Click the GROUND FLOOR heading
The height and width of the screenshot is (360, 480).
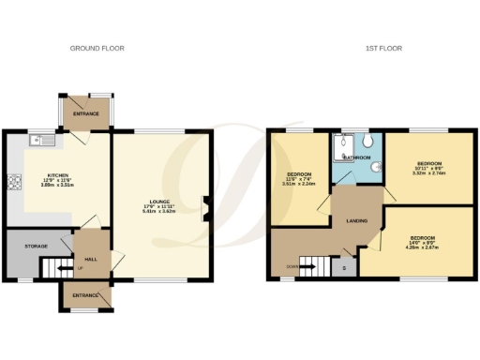(x=97, y=48)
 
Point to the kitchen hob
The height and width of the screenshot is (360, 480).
(x=15, y=182)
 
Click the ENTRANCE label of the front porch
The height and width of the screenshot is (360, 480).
(x=85, y=294)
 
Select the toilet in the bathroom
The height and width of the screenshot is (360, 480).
(x=371, y=142)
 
